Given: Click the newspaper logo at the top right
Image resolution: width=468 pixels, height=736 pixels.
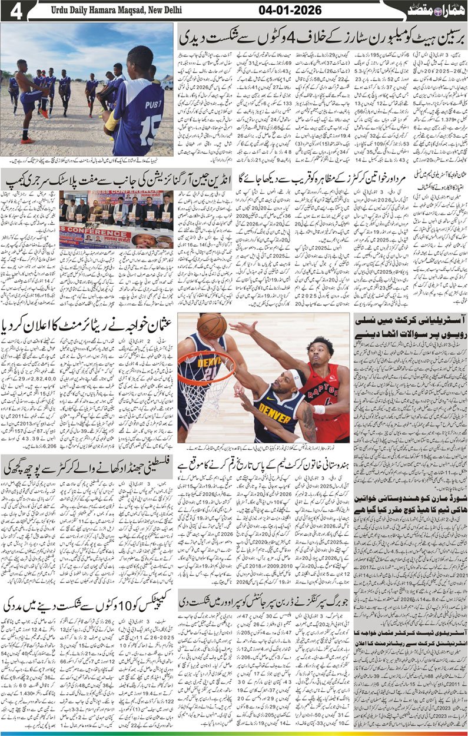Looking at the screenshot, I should [435, 10].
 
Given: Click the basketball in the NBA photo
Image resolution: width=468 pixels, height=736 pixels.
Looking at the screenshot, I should [211, 326].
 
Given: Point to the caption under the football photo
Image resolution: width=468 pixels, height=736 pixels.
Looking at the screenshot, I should [88, 161].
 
